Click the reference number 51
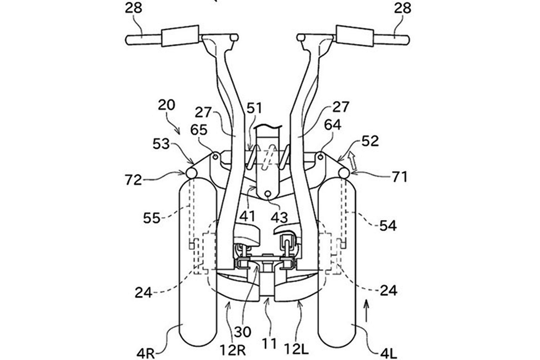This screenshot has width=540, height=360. [x=254, y=108]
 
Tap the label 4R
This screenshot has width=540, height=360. [x=145, y=354]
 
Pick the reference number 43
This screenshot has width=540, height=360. [x=279, y=217]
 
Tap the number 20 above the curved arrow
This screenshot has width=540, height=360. [x=166, y=105]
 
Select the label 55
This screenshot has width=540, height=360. [x=152, y=218]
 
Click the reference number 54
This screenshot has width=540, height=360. [x=388, y=226]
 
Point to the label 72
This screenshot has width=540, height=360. [x=133, y=180]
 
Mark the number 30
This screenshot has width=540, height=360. [x=242, y=332]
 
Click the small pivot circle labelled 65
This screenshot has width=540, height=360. [x=216, y=157]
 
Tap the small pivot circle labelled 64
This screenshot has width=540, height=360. [x=320, y=157]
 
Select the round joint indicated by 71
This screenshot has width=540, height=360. [x=344, y=173]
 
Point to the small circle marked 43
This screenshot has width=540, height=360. [x=267, y=193]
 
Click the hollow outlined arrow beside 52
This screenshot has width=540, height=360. [x=353, y=161]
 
